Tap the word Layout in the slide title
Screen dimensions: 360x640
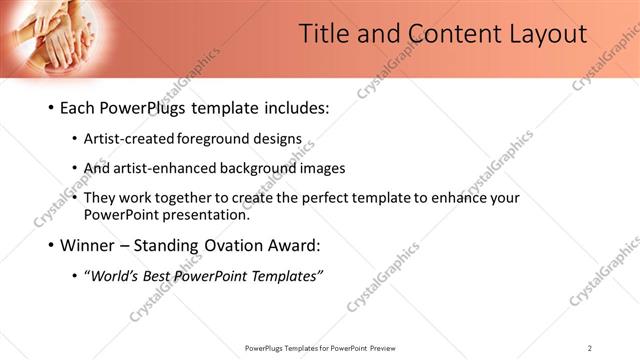[x=541, y=33]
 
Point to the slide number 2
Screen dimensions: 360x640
[x=590, y=348]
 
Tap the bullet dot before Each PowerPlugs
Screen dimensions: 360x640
[x=50, y=109]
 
